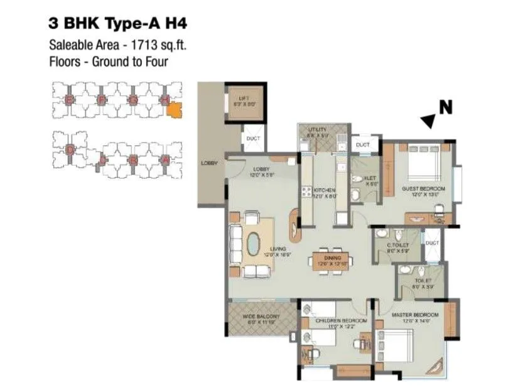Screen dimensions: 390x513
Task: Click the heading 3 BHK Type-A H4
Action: click(117, 24)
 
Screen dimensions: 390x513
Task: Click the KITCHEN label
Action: click(324, 190)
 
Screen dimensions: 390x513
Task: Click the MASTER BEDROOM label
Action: click(414, 314)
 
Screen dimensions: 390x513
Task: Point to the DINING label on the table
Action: click(333, 258)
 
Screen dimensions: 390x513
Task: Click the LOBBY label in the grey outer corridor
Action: click(209, 163)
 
